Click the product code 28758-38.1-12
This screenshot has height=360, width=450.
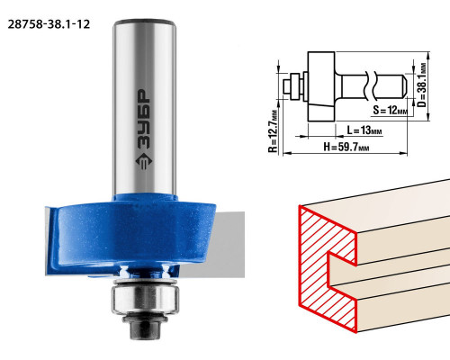[49, 24]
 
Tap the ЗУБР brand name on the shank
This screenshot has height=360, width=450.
[144, 119]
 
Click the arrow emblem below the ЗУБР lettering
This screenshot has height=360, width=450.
[144, 162]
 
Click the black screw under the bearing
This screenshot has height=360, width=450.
[145, 326]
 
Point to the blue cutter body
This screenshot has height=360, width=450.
[132, 234]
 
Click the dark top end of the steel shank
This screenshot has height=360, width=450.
[144, 22]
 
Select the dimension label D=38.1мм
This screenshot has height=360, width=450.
[422, 85]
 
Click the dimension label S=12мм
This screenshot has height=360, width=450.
[391, 110]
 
